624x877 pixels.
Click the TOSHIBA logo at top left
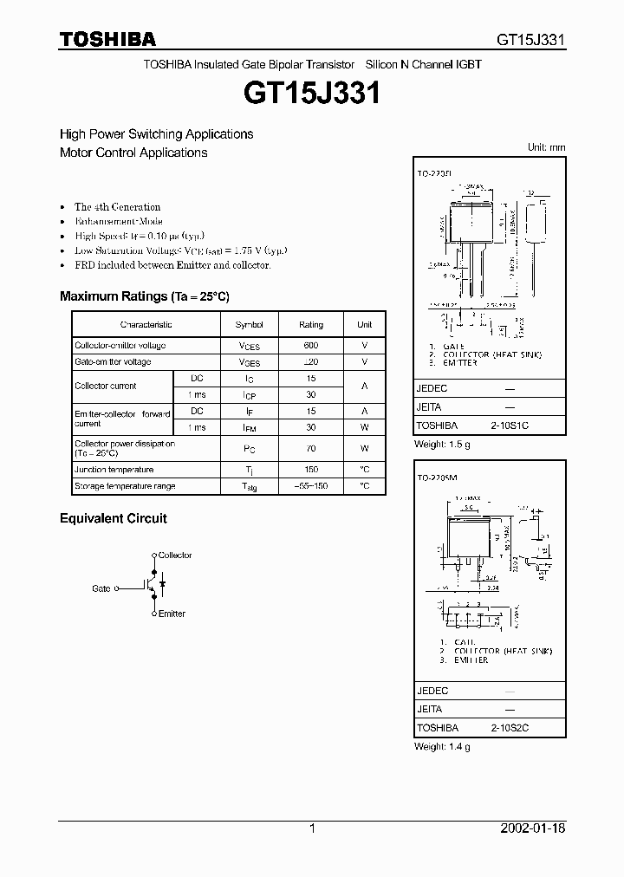coord(107,38)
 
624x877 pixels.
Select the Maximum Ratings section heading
coord(144,296)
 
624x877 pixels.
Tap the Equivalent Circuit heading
coord(113,518)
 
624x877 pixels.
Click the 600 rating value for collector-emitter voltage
coord(310,346)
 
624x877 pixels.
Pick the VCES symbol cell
coord(249,346)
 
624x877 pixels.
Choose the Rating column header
coord(310,324)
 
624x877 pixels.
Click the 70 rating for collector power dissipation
coord(310,449)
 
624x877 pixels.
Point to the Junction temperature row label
coord(113,470)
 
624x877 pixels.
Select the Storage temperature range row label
coord(125,486)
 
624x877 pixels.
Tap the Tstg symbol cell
coord(249,487)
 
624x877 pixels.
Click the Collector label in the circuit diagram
coord(175,555)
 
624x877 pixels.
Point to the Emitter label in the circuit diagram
coord(172,614)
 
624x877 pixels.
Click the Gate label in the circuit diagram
coord(101,588)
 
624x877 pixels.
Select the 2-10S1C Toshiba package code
coord(510,426)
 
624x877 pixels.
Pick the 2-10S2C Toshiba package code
coord(510,728)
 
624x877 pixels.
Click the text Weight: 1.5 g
coord(442,445)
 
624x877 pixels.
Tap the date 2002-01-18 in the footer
coord(532,828)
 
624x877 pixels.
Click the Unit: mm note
coord(546,147)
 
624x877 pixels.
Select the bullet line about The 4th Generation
coord(117,206)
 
